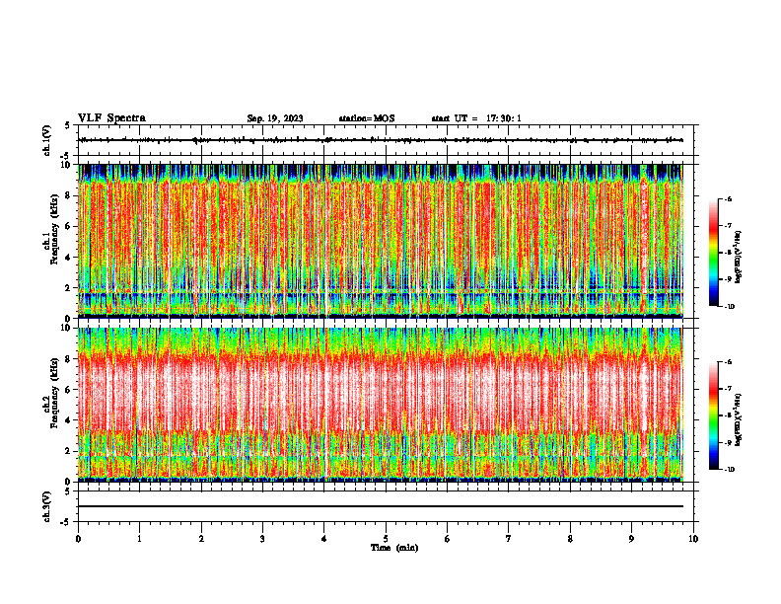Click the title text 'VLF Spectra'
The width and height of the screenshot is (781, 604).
pos(111,118)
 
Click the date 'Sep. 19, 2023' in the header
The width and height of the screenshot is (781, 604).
pos(275,118)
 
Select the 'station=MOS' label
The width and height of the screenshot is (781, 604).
pos(366,118)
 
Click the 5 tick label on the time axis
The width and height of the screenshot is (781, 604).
pos(386,539)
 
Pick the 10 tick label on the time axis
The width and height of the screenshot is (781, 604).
pos(693,539)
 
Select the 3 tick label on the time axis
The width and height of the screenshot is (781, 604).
pos(262,539)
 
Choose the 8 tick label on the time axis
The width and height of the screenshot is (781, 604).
pos(570,539)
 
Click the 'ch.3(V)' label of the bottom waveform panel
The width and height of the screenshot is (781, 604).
pos(46,506)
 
